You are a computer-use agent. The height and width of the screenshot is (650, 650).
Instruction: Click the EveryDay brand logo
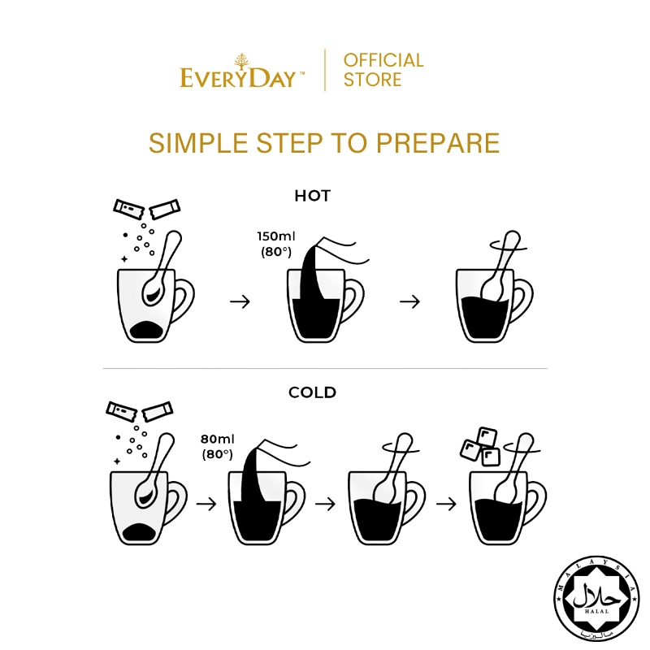coord(241,71)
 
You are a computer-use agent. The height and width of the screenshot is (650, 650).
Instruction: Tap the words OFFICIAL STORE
coord(383,70)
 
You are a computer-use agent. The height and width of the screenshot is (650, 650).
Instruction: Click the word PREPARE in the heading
coord(437,143)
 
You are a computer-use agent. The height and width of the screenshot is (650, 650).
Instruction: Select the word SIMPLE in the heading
coord(198,143)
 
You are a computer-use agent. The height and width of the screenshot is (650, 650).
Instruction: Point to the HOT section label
coord(313,196)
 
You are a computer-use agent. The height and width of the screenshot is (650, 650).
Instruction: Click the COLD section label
coord(312,392)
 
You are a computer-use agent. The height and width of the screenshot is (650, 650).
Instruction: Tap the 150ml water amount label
coord(276,236)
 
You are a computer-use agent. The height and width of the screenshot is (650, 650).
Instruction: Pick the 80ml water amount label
coord(217,439)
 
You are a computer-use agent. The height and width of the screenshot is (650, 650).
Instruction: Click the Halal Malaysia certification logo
coord(596,598)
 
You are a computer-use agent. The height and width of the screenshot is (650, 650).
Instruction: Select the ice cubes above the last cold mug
coord(480,447)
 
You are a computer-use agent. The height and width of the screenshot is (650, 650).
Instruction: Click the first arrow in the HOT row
coord(240,301)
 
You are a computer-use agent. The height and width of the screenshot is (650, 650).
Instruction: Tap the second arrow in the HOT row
coord(409,301)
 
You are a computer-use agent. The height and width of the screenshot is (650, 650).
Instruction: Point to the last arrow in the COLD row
coord(446,504)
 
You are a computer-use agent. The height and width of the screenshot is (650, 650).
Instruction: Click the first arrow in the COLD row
coord(206,504)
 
